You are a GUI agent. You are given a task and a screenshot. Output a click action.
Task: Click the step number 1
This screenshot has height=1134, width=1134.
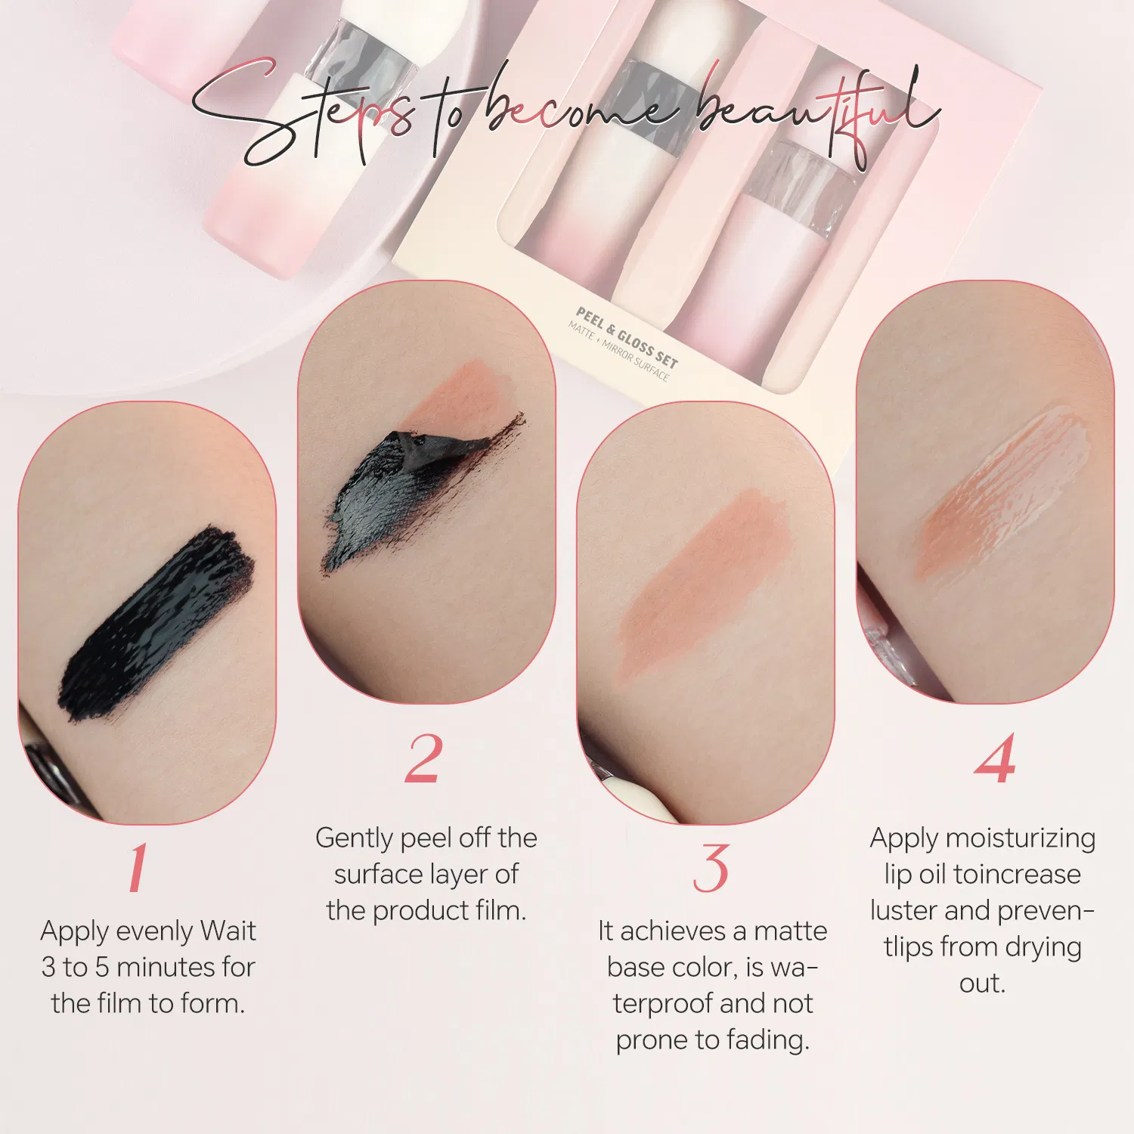tap(138, 867)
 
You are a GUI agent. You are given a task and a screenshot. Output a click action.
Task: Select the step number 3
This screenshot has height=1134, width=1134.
tap(711, 868)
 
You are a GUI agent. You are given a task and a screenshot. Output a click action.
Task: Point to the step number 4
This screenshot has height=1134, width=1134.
tap(995, 758)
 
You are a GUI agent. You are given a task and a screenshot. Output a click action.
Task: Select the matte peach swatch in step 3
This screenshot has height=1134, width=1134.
tap(703, 582)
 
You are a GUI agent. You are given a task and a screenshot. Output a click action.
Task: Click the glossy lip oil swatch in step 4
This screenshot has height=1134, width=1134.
tap(1002, 491)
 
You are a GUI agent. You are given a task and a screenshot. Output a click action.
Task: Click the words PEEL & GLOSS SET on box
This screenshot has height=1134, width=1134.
tap(627, 336)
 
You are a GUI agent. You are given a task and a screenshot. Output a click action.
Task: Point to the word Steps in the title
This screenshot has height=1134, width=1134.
tap(302, 113)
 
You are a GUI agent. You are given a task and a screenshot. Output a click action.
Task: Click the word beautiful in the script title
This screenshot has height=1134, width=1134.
tap(816, 113)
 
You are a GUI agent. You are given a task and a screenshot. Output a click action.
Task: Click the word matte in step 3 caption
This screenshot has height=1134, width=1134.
tap(790, 931)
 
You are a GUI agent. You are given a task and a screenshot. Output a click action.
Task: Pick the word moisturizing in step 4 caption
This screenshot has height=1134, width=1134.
tap(1020, 839)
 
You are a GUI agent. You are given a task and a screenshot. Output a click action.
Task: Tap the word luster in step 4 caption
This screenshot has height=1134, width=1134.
tap(904, 910)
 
